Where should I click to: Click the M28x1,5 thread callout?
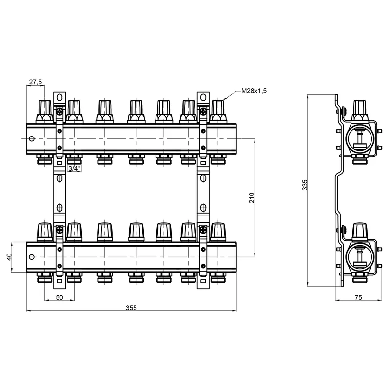pos(254,91)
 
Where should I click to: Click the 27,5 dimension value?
pos(35,82)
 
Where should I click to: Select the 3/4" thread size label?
pos(74,169)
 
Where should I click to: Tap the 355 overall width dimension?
pos(131,307)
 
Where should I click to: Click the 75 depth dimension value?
pos(358,297)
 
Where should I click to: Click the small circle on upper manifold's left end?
pos(32,138)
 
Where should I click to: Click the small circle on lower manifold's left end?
pos(32,256)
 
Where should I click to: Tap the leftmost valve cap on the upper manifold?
pos(44,109)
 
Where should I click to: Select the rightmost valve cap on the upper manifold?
pos(217,109)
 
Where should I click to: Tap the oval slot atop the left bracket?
pos(59,97)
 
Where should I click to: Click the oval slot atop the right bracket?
pos(202,97)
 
